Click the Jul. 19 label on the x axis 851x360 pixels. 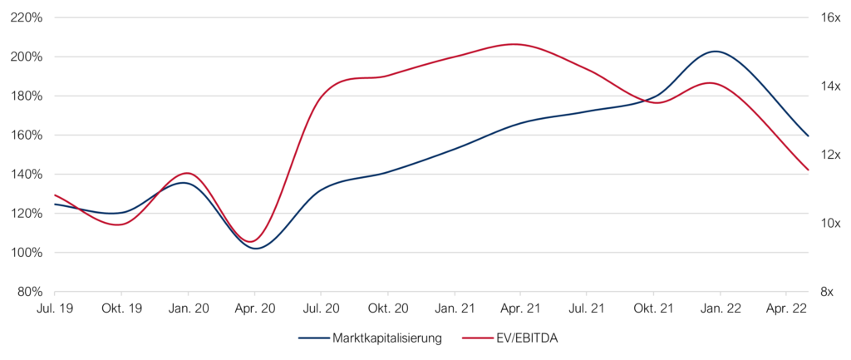pos(55,308)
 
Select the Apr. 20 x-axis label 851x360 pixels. pos(255,308)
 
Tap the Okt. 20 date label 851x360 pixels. pos(388,308)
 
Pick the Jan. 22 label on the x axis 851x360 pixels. pos(721,308)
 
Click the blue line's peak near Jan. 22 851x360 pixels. pos(716,52)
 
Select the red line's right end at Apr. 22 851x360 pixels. pos(809,170)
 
